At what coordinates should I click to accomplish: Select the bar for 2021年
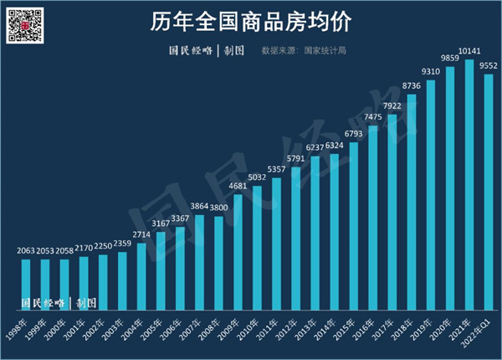click(x=469, y=184)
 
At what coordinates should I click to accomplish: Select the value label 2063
click(x=25, y=250)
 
